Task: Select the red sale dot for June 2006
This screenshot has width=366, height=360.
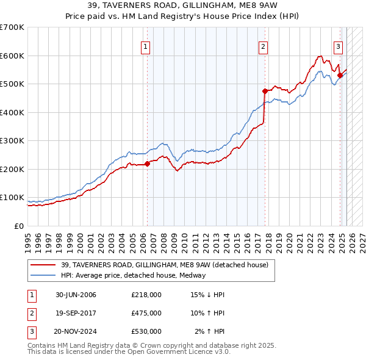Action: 147,164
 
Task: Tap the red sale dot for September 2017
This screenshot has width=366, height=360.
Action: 265,91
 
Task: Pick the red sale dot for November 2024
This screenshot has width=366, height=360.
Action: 340,76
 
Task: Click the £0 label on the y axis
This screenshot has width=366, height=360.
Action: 19,226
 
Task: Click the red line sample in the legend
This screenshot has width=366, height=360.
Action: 43,265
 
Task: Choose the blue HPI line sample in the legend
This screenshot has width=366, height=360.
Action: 43,275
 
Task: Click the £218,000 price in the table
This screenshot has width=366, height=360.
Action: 146,295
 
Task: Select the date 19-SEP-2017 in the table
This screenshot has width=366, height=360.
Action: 76,313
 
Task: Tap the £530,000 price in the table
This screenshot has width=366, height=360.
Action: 146,331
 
